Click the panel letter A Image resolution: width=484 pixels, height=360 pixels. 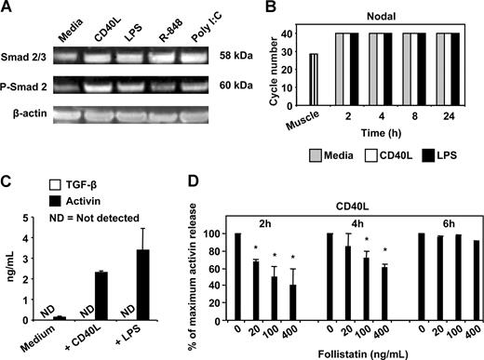8,9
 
